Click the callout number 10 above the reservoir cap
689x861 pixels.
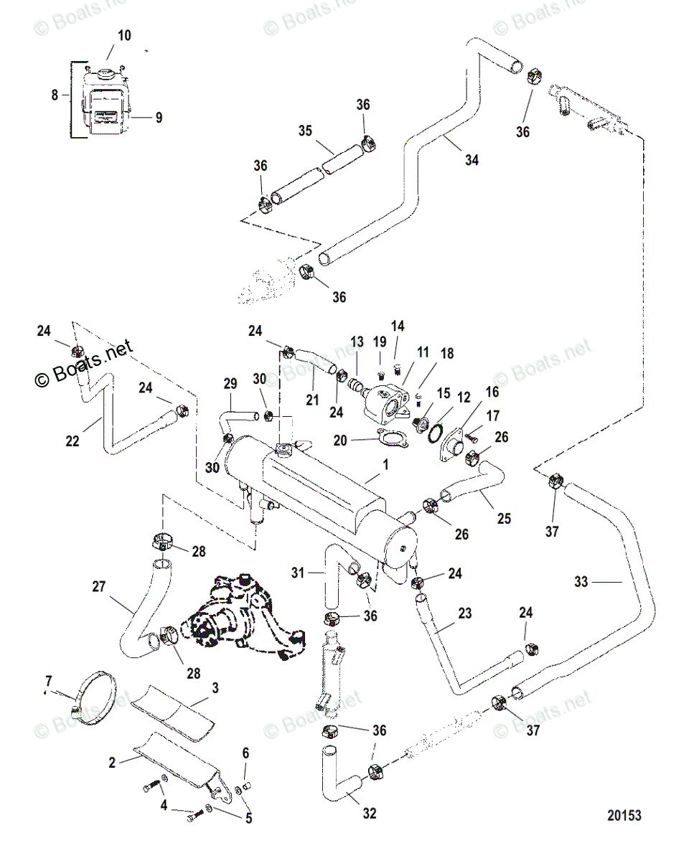click(124, 36)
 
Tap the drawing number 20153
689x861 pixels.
click(624, 826)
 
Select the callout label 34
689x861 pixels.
click(472, 160)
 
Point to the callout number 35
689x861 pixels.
click(305, 131)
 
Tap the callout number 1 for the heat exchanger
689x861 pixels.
click(385, 464)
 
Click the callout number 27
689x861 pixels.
click(98, 586)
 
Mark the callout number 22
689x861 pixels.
click(72, 441)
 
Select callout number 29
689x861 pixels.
click(230, 384)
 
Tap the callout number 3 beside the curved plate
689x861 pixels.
click(215, 688)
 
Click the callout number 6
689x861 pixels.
click(245, 753)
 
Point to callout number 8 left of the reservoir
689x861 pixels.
click(55, 95)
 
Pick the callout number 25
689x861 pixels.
click(504, 519)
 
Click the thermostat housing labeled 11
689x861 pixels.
click(385, 401)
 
